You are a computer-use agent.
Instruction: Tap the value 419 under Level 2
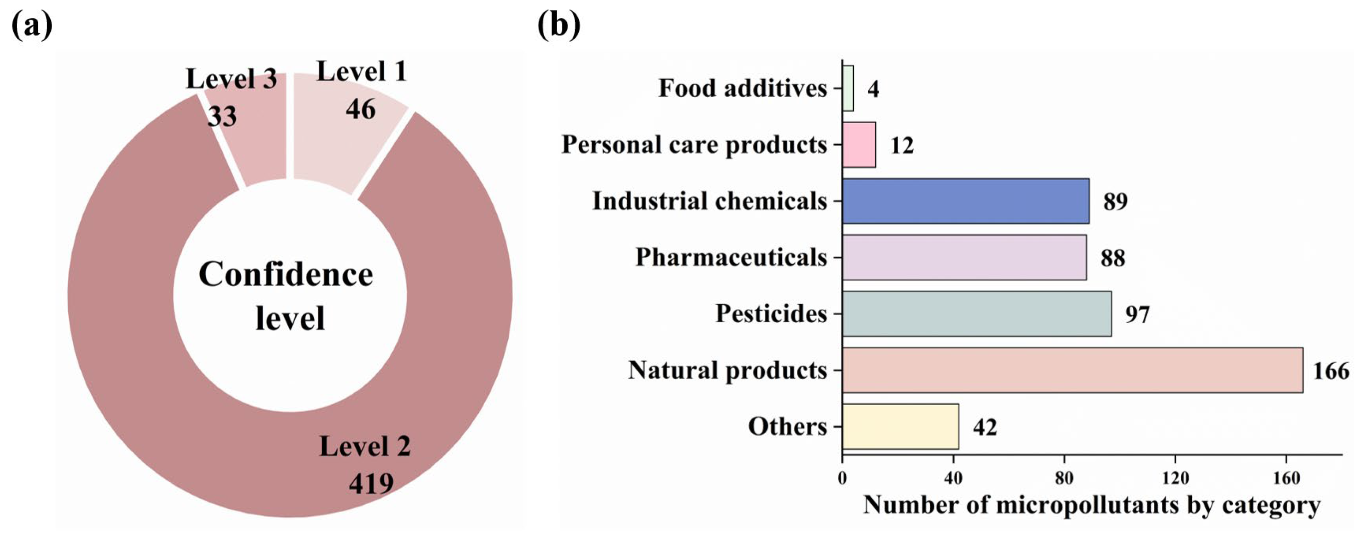pyautogui.click(x=371, y=483)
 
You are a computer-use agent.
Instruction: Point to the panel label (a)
pyautogui.click(x=31, y=25)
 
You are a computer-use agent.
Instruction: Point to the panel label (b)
pyautogui.click(x=559, y=25)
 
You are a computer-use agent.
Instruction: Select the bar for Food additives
pyautogui.click(x=848, y=89)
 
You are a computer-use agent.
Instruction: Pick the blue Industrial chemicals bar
pyautogui.click(x=965, y=201)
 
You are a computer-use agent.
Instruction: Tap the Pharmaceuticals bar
pyautogui.click(x=963, y=257)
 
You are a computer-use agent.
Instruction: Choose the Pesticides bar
pyautogui.click(x=976, y=313)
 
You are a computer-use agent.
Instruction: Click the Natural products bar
pyautogui.click(x=1072, y=370)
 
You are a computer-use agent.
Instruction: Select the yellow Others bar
pyautogui.click(x=900, y=426)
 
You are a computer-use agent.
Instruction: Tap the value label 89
pyautogui.click(x=1115, y=202)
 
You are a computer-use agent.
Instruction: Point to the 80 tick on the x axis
pyautogui.click(x=1065, y=478)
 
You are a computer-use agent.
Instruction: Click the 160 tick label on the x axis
pyautogui.click(x=1286, y=478)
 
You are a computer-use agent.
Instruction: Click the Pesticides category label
pyautogui.click(x=771, y=314)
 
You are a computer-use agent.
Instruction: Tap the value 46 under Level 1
pyautogui.click(x=361, y=109)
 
